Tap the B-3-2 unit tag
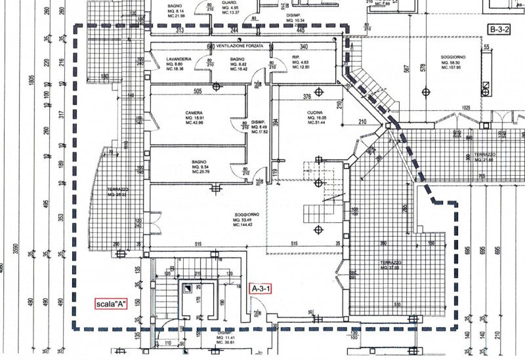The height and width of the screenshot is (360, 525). [501, 29]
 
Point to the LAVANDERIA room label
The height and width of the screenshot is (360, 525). [178, 59]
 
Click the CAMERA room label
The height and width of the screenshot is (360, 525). [194, 113]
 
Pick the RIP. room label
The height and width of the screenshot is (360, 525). [296, 58]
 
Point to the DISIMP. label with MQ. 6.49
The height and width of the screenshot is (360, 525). [259, 123]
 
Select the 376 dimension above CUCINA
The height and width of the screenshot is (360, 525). [306, 96]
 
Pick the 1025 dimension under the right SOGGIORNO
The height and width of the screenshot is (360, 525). [467, 107]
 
